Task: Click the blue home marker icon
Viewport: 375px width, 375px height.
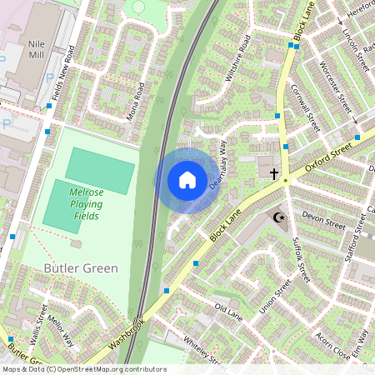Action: tap(187, 180)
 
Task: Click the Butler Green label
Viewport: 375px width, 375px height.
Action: tap(81, 268)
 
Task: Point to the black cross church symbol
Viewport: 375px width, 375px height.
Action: tap(273, 172)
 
